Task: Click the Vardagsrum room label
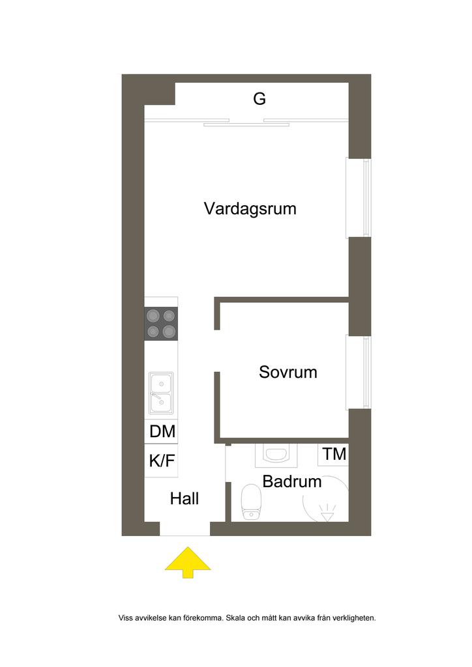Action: [x=250, y=209]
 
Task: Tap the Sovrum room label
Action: [x=288, y=373]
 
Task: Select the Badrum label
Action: [x=292, y=482]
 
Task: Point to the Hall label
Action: [x=184, y=499]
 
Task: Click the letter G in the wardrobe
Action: [x=259, y=99]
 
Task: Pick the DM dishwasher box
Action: [x=162, y=431]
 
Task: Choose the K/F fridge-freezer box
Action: [x=162, y=461]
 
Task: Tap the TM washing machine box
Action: [x=334, y=455]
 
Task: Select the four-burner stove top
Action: [x=161, y=324]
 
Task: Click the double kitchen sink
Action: [x=161, y=393]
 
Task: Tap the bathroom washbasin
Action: [x=277, y=453]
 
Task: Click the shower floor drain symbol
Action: [x=325, y=515]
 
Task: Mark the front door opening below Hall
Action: [x=185, y=530]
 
